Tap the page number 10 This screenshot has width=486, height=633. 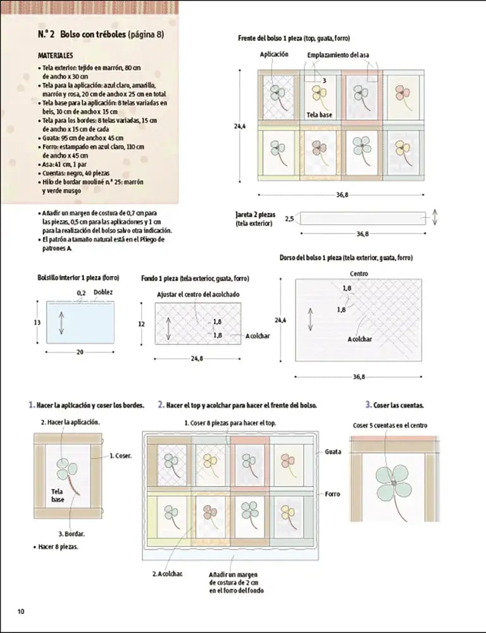click(21, 611)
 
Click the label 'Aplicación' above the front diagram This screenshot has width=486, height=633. click(274, 55)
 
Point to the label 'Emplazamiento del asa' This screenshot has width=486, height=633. click(339, 55)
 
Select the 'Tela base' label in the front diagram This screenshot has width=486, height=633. click(319, 115)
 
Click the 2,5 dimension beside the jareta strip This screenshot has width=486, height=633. click(289, 219)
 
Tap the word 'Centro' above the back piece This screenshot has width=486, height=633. click(359, 273)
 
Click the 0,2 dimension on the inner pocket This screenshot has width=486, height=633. click(81, 293)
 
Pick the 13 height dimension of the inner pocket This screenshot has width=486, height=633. click(37, 322)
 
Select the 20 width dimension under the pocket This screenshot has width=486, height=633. click(80, 353)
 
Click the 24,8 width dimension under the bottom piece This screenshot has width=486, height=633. click(196, 359)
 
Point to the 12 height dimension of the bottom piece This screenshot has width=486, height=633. click(142, 323)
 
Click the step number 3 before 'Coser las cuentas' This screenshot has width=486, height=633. click(368, 404)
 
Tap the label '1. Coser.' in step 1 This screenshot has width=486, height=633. click(120, 455)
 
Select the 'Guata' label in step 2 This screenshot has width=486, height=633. click(333, 452)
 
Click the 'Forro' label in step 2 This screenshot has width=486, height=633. click(333, 494)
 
